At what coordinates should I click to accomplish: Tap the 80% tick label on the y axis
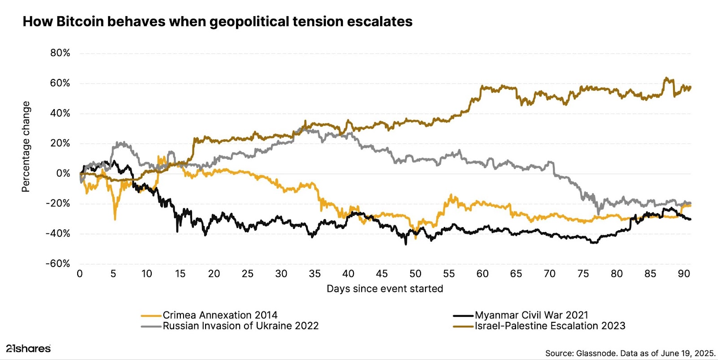[x=60, y=53]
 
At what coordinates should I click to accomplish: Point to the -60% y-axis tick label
[x=58, y=263]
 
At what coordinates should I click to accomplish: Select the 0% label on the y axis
[x=63, y=173]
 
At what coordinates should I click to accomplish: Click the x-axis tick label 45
[x=381, y=274]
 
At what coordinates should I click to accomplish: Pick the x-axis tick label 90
[x=683, y=274]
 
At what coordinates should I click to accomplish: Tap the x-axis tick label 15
[x=180, y=274]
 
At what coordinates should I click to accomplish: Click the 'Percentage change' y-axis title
[x=26, y=146]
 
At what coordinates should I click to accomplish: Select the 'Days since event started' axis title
[x=385, y=289]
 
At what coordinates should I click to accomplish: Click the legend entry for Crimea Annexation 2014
[x=220, y=315]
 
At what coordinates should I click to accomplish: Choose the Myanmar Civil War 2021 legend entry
[x=531, y=315]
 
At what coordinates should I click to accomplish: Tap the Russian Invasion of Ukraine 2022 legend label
[x=241, y=326]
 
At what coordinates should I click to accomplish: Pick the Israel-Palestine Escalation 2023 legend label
[x=550, y=326]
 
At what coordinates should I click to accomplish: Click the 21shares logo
[x=28, y=348]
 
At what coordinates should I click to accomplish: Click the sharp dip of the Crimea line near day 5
[x=115, y=219]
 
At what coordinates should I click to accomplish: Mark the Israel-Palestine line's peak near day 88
[x=666, y=78]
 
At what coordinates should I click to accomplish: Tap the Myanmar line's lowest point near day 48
[x=406, y=244]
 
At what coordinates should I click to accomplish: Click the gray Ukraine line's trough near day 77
[x=598, y=213]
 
